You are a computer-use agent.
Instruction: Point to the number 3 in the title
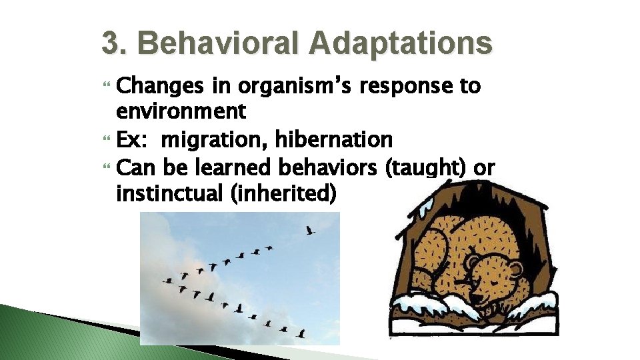pos(109,44)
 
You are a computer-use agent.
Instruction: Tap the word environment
pos(181,111)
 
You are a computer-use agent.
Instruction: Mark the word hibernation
pos(340,140)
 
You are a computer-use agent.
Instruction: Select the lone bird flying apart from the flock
pos(309,231)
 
